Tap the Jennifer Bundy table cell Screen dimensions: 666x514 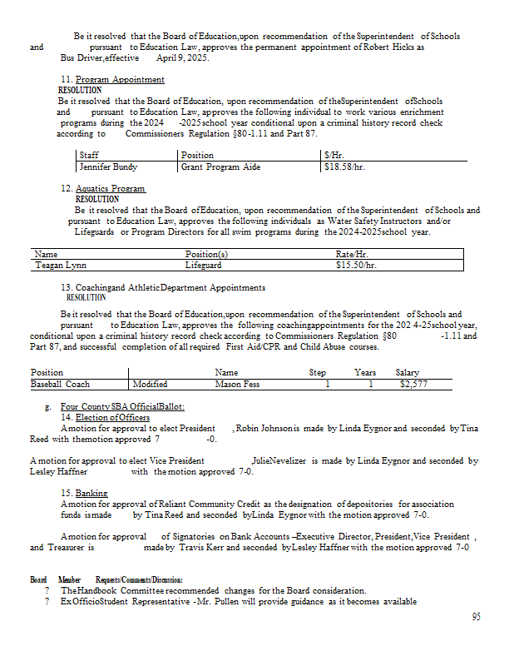[108, 166]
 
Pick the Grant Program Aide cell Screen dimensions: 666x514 [221, 166]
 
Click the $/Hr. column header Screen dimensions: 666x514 [334, 155]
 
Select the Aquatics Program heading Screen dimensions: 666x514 [110, 189]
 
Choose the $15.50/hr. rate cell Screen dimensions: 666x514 [356, 265]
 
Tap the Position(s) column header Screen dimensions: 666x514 [206, 254]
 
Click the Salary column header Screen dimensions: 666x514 [408, 373]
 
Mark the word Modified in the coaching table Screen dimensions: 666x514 [151, 385]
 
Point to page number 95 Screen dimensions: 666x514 [476, 617]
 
